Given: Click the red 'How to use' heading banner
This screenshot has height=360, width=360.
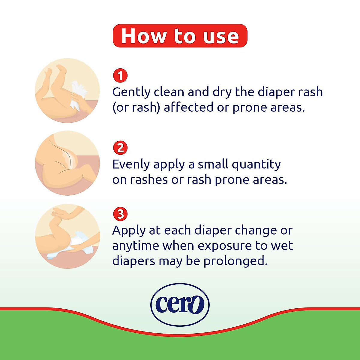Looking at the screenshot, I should pyautogui.click(x=180, y=36).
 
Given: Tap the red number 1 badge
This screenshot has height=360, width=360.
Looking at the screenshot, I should pyautogui.click(x=120, y=76).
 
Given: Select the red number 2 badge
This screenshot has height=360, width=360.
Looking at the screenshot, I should pyautogui.click(x=120, y=148).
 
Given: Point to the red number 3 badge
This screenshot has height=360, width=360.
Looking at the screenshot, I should pyautogui.click(x=120, y=214).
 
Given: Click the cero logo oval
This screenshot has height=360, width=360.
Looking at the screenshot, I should pyautogui.click(x=180, y=304).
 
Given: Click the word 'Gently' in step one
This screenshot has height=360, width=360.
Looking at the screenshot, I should pyautogui.click(x=131, y=92).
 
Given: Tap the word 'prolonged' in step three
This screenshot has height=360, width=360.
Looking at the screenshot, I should pyautogui.click(x=235, y=261).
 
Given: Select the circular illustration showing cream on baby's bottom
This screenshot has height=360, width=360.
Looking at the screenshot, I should pyautogui.click(x=67, y=163).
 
